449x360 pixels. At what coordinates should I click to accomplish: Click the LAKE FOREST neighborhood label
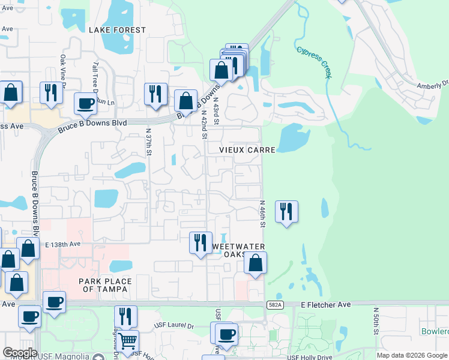[117, 30]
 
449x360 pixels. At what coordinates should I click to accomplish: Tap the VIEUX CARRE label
[247, 149]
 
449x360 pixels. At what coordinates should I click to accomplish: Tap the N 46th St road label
[262, 214]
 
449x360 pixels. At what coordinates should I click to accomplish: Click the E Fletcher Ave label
[325, 305]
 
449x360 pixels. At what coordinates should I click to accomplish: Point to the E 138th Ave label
[62, 244]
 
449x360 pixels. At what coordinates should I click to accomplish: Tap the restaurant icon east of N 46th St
[286, 211]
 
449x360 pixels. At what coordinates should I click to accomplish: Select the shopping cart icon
[127, 341]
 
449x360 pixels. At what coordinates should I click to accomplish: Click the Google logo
[20, 353]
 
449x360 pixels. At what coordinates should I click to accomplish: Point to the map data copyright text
[412, 355]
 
